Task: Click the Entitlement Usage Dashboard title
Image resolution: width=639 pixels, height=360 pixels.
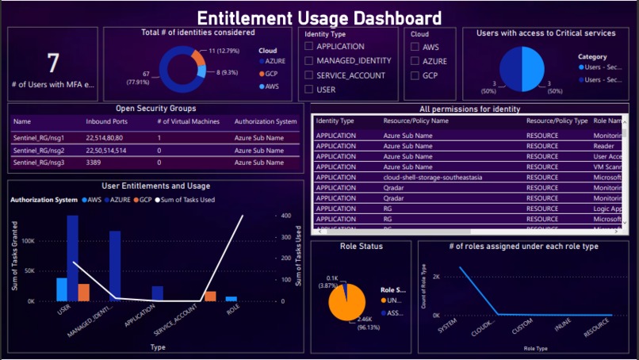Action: coord(319,17)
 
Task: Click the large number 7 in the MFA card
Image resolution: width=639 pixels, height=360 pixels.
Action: coord(53,63)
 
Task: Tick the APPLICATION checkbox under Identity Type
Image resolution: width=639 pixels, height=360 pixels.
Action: coord(309,47)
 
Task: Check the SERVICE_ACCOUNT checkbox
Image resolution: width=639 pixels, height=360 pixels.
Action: coord(309,75)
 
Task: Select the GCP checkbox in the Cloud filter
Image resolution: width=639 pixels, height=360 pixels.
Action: coord(415,75)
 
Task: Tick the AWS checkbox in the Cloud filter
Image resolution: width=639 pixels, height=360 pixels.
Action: coord(415,47)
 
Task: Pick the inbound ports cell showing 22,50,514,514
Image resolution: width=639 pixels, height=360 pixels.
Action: coord(110,149)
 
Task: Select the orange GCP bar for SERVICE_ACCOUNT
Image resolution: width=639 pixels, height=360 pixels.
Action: coord(210,297)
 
